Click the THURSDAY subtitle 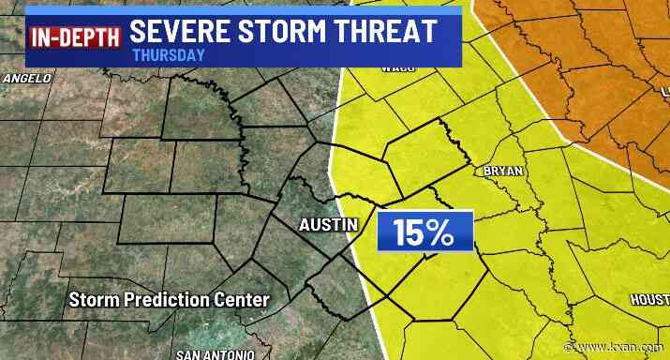(170, 55)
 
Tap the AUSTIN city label (330, 225)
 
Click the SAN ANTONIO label (215, 354)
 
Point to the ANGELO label (25, 79)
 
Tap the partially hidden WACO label (398, 67)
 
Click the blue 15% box (423, 232)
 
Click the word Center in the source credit (242, 300)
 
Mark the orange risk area (562, 56)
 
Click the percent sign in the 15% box (439, 232)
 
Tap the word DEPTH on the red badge (89, 38)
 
